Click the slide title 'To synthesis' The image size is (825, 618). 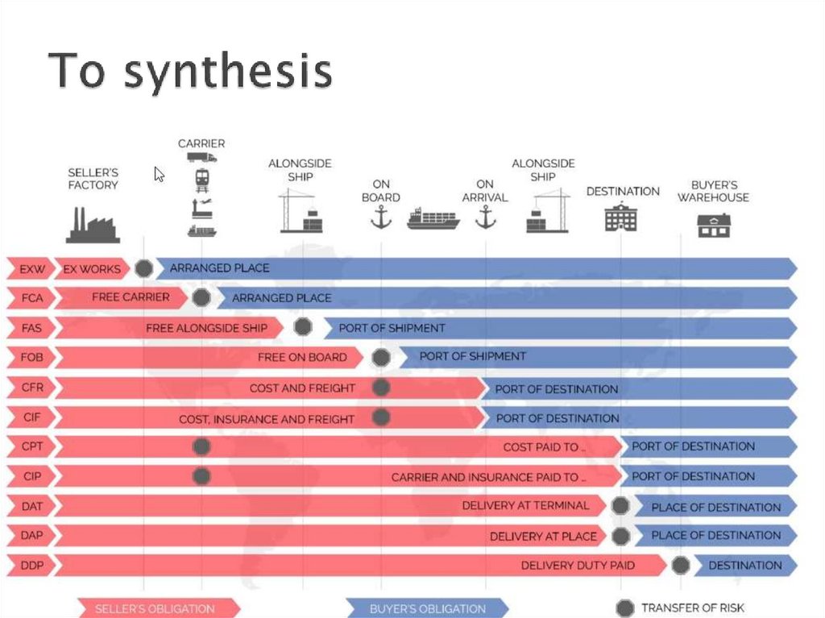pyautogui.click(x=190, y=72)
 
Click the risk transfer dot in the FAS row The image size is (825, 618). pyautogui.click(x=303, y=327)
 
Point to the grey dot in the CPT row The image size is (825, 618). pyautogui.click(x=201, y=446)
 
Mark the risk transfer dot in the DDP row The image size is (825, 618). pyautogui.click(x=681, y=565)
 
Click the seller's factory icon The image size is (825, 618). pyautogui.click(x=93, y=225)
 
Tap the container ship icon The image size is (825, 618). pyautogui.click(x=433, y=218)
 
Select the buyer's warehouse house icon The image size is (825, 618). pyautogui.click(x=714, y=226)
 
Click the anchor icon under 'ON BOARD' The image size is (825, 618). pyautogui.click(x=380, y=217)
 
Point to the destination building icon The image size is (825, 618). pyautogui.click(x=620, y=217)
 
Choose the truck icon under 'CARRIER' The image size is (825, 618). pyautogui.click(x=201, y=157)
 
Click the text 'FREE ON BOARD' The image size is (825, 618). pyautogui.click(x=302, y=357)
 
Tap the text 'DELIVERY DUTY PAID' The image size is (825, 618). pyautogui.click(x=578, y=566)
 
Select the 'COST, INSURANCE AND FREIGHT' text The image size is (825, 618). pyautogui.click(x=267, y=419)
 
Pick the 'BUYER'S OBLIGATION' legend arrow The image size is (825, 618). pyautogui.click(x=427, y=608)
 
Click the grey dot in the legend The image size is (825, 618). pyautogui.click(x=624, y=608)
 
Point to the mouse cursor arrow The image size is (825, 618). pyautogui.click(x=159, y=174)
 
